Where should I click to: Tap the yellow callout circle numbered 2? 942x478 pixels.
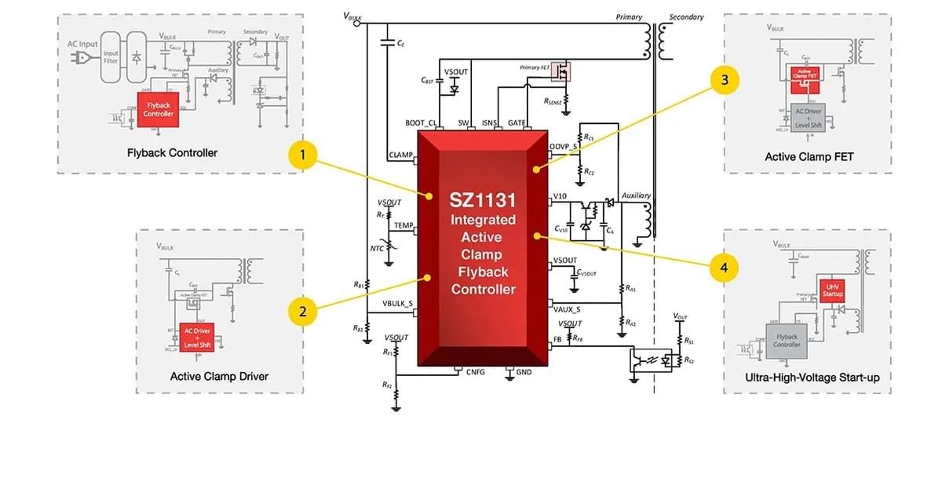pos(303,312)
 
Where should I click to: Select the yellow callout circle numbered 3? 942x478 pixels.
pos(725,79)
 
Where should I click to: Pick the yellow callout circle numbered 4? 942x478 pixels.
pos(724,268)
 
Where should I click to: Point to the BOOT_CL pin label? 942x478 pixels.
pos(420,123)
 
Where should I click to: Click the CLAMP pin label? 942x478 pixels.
pos(400,155)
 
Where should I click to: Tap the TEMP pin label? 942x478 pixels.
pos(403,226)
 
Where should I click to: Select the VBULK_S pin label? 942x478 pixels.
pos(397,304)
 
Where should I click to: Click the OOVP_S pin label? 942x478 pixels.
pos(563,147)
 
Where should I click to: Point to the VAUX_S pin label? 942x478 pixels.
pos(567,309)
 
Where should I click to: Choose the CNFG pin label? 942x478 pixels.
pos(476,372)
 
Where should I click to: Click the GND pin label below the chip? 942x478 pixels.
pos(524,372)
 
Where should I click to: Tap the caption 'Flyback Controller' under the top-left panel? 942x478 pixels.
pos(172,152)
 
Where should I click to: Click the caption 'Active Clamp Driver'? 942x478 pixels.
pos(219,377)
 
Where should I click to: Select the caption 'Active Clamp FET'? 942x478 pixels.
pos(809,157)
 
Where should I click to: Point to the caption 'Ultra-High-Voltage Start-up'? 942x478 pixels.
pos(812,378)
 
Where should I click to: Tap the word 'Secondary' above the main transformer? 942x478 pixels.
pos(686,17)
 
